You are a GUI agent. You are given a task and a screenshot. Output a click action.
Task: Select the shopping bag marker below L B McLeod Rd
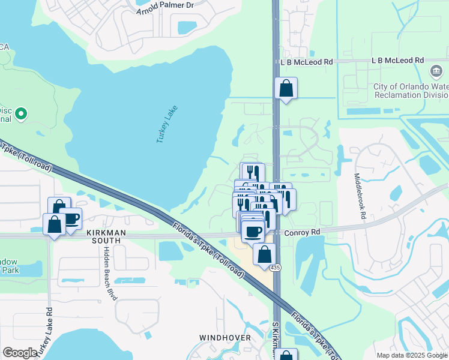point(286,89)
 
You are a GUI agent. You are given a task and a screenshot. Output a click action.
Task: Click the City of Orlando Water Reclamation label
point(411,91)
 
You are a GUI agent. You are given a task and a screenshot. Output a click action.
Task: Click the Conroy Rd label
point(303,231)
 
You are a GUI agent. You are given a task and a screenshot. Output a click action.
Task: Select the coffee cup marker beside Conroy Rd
point(253,230)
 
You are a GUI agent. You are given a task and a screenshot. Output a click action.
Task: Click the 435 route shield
point(275,268)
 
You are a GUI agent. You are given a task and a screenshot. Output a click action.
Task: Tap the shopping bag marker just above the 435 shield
point(264,254)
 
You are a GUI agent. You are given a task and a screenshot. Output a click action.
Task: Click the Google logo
point(20,353)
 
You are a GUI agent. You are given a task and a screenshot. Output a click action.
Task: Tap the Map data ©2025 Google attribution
point(412,355)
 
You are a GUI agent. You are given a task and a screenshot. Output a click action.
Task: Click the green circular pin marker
point(22,113)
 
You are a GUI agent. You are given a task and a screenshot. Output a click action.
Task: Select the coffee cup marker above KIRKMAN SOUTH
point(71,218)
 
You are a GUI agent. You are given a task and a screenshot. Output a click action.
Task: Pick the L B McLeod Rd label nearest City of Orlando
point(397,61)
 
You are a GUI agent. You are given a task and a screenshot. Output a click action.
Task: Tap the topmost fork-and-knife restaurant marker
point(252,173)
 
